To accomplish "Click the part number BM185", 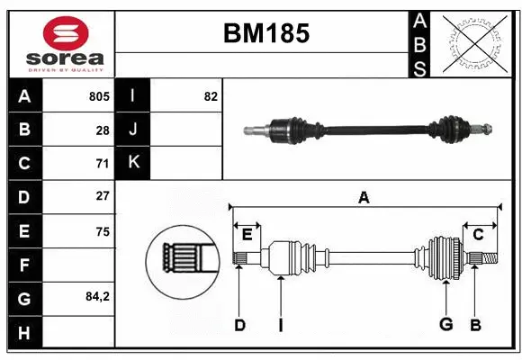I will click(265, 33).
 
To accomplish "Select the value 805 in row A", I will click(99, 96).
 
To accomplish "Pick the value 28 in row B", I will click(103, 130).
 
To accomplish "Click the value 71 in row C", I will click(103, 164).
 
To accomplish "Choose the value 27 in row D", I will click(103, 196).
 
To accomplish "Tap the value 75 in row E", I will click(103, 231).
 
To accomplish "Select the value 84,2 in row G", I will click(96, 297).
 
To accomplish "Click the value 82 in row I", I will click(211, 96).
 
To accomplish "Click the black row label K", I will click(133, 163).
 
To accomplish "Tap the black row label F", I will click(24, 265).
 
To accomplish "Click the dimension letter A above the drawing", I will click(364, 197).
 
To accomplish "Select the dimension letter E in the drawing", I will click(247, 234).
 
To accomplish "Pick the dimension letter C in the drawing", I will click(478, 234).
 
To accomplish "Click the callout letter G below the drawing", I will click(445, 325).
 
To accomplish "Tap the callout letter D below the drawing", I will click(239, 325).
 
